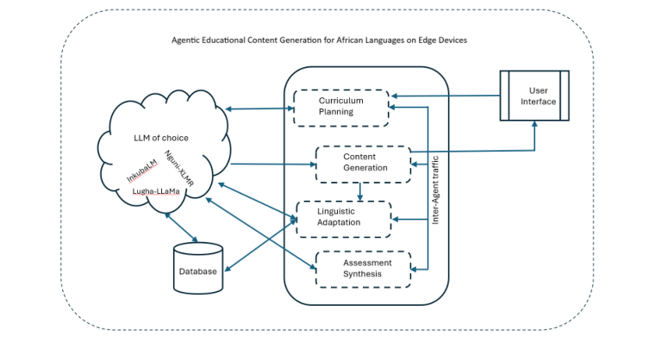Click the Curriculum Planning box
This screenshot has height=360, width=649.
(x=342, y=106)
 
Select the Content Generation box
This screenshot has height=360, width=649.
(x=363, y=163)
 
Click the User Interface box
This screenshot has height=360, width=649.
(x=535, y=96)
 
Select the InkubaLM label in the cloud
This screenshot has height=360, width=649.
(x=143, y=170)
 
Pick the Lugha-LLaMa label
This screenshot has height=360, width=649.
(x=156, y=191)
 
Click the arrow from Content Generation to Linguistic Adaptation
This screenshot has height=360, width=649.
(x=359, y=191)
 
